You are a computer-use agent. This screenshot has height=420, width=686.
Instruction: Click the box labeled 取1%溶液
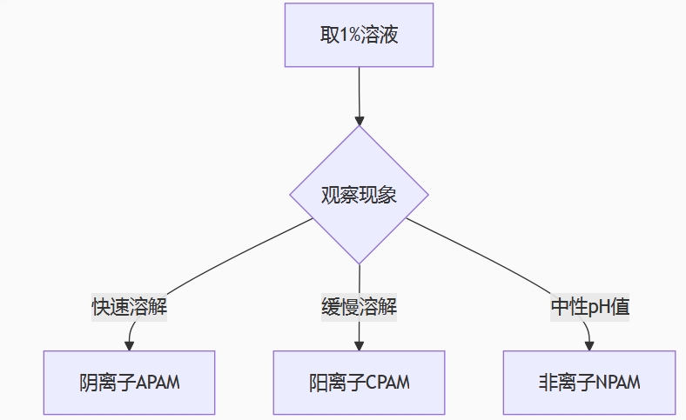(x=359, y=35)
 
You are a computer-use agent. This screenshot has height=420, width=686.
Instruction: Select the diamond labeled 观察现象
(x=359, y=195)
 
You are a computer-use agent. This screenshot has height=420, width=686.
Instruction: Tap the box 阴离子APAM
(x=129, y=383)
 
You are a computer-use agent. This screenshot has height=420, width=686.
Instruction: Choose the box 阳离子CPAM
(x=359, y=383)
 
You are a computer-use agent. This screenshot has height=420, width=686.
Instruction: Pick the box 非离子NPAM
(x=589, y=383)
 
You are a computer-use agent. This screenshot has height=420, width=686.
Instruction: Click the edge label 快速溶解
(x=130, y=307)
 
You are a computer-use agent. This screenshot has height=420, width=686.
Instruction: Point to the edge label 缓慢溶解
(x=359, y=307)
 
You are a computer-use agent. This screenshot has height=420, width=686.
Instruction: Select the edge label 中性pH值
(x=589, y=307)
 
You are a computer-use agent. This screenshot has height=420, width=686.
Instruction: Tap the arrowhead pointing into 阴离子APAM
(x=130, y=345)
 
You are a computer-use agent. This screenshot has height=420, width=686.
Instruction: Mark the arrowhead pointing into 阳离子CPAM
(x=359, y=345)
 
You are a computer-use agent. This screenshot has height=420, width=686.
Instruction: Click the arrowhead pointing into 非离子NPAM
(x=589, y=345)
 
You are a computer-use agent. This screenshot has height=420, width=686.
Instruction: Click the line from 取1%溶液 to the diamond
(x=359, y=91)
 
